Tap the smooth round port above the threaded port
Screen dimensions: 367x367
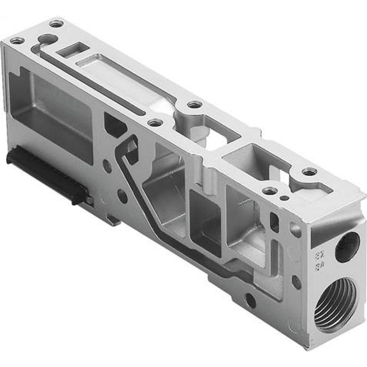point(347,247)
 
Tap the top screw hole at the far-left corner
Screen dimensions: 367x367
point(17,40)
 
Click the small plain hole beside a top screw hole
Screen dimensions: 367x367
point(284,198)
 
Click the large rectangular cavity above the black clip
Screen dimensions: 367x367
point(51,110)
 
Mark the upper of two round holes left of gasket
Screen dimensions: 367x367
point(107,166)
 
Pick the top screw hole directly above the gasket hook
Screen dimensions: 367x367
point(155,123)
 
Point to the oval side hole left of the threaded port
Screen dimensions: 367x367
point(296,282)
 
